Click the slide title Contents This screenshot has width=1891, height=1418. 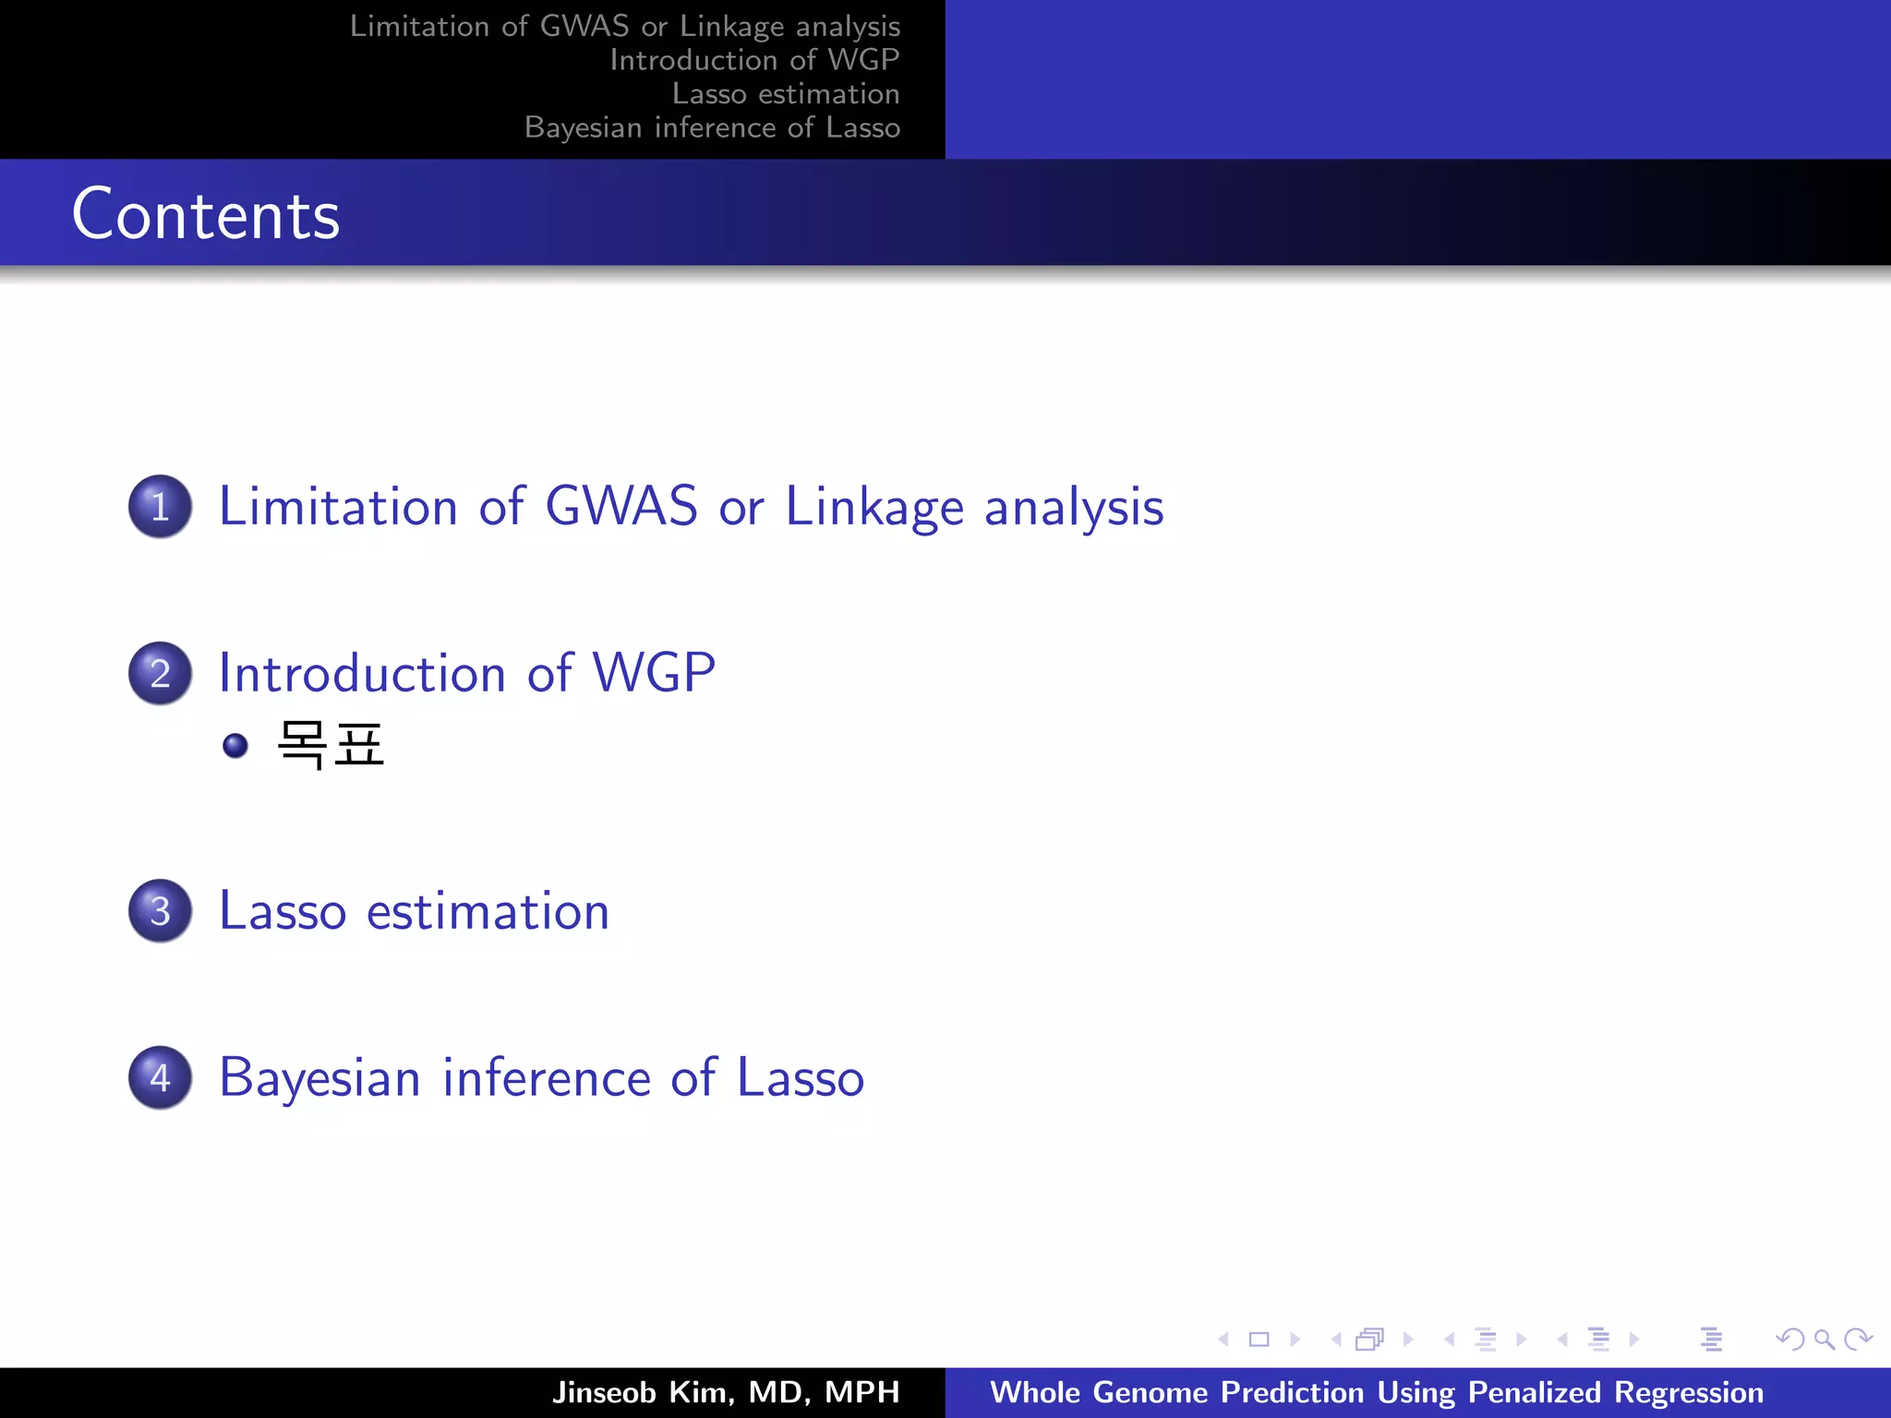[x=206, y=214]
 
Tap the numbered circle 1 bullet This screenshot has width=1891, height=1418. [x=161, y=507]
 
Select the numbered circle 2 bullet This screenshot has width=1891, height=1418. [x=161, y=673]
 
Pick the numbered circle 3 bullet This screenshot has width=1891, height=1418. [x=161, y=911]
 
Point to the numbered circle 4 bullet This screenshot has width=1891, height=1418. [x=161, y=1077]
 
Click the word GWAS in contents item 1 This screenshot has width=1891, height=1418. [x=621, y=507]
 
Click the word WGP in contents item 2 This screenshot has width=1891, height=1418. [x=654, y=673]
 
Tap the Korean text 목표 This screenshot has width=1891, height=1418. [x=331, y=745]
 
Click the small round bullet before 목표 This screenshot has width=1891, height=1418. [x=235, y=746]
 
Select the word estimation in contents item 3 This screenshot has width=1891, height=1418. [x=488, y=912]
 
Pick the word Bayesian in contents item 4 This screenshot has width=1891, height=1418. [x=319, y=1078]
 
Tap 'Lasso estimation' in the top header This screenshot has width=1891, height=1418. [x=785, y=94]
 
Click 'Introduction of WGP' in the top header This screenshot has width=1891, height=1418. [x=753, y=60]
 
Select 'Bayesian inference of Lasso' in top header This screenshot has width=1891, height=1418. [x=712, y=127]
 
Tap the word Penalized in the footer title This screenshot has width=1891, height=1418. [x=1534, y=1392]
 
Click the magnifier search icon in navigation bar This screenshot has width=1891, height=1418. [x=1824, y=1340]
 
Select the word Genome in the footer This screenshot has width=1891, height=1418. [x=1150, y=1392]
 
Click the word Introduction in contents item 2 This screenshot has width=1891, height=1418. [x=362, y=673]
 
